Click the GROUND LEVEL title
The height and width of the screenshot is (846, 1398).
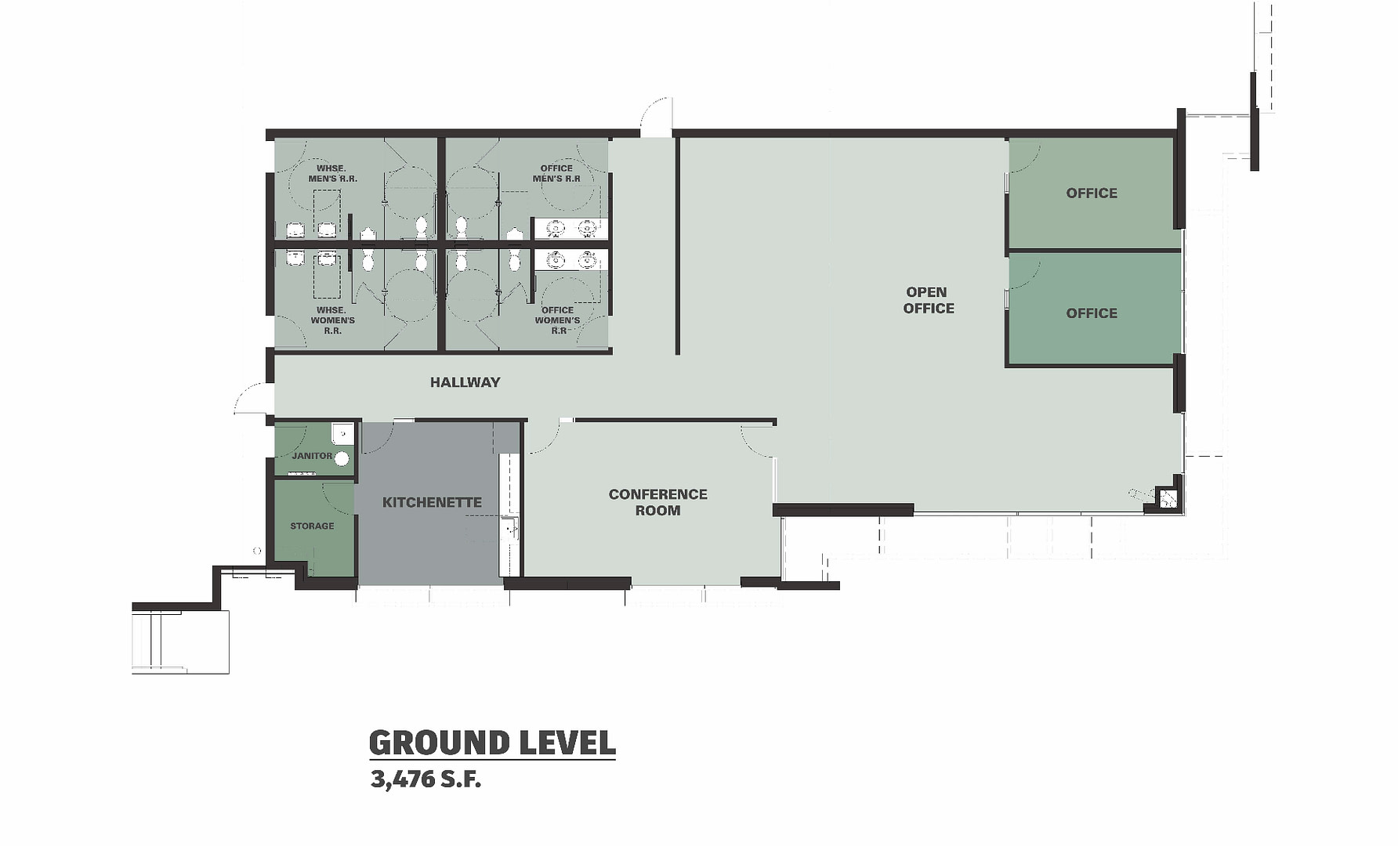click(x=492, y=743)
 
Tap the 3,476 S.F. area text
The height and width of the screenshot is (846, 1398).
click(x=426, y=779)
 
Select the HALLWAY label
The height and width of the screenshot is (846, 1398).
click(x=465, y=382)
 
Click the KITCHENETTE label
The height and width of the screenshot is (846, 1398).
click(x=432, y=502)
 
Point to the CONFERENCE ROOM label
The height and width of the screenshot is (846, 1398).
click(x=658, y=502)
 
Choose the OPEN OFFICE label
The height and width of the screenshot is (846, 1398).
click(x=929, y=300)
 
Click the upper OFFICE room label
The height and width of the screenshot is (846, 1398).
click(x=1092, y=193)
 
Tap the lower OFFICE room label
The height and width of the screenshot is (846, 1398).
click(x=1092, y=313)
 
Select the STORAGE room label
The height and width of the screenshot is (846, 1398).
click(x=312, y=526)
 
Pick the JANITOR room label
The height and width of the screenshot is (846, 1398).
click(x=312, y=456)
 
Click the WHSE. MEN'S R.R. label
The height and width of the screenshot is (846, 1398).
click(x=332, y=173)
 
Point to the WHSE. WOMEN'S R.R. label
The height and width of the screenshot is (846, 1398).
click(x=332, y=320)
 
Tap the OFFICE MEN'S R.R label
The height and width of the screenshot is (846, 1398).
click(x=556, y=173)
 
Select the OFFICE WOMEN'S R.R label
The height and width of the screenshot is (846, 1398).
click(x=557, y=320)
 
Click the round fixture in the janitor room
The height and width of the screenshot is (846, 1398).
click(x=342, y=458)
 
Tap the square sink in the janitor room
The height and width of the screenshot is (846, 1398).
click(x=342, y=433)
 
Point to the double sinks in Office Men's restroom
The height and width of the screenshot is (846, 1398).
click(x=571, y=229)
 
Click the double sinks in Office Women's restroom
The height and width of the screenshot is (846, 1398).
click(x=571, y=259)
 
